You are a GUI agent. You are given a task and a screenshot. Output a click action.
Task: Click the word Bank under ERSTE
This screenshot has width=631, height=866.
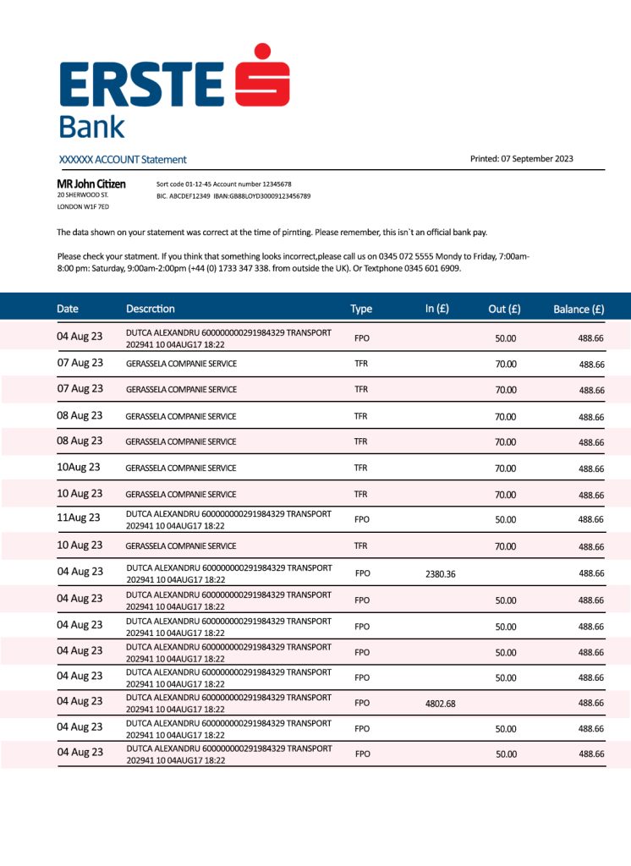[x=91, y=127]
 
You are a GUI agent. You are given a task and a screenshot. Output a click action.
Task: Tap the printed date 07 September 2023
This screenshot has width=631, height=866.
[x=537, y=158]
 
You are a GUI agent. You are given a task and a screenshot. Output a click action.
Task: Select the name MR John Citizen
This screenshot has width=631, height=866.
[x=91, y=184]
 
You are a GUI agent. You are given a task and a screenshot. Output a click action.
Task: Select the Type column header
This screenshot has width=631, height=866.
[x=361, y=309]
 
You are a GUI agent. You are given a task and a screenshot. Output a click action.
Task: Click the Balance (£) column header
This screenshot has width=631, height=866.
[x=579, y=309]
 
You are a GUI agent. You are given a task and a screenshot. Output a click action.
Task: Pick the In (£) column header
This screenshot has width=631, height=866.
[x=436, y=308]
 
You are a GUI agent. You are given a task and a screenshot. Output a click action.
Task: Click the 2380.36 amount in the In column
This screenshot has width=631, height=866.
[x=440, y=573]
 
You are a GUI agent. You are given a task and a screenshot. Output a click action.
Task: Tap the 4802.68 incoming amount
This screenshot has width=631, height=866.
[x=440, y=703]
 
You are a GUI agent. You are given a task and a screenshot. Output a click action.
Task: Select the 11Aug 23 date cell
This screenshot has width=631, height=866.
[x=79, y=518]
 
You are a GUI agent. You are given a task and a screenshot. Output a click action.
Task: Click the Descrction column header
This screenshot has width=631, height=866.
[x=151, y=309]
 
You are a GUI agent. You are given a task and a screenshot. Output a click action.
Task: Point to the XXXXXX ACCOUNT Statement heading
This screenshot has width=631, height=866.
[x=123, y=159]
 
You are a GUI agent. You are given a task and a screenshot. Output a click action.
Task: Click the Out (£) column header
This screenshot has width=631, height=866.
[x=504, y=309]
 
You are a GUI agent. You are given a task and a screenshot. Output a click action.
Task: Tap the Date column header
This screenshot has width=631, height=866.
[x=68, y=309]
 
